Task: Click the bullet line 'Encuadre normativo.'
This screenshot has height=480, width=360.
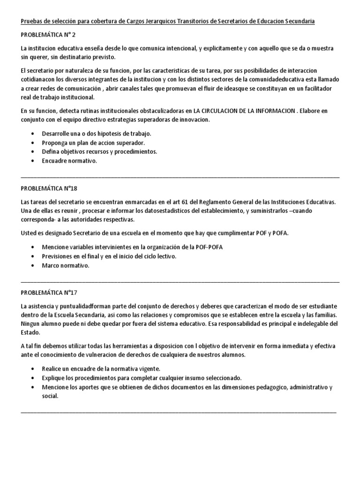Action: pyautogui.click(x=69, y=161)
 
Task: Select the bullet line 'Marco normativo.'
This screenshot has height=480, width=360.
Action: pyautogui.click(x=65, y=265)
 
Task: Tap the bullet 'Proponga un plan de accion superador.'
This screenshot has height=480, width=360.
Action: pyautogui.click(x=93, y=142)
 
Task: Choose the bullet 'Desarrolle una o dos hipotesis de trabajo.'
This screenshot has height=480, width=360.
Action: pyautogui.click(x=97, y=134)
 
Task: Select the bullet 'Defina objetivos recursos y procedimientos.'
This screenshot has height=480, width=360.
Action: pyautogui.click(x=99, y=151)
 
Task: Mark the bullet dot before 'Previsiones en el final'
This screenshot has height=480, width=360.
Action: pyautogui.click(x=32, y=256)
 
